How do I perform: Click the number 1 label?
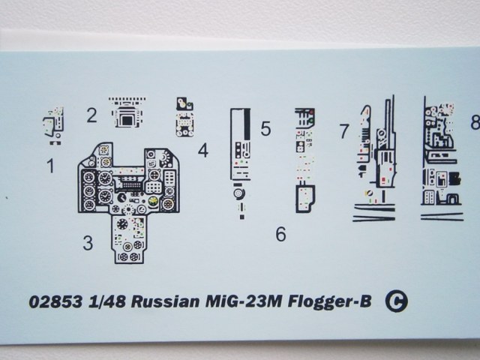coord(50,166)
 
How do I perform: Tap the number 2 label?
coord(91,115)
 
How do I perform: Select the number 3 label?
coord(88,242)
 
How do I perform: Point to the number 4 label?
coord(202,150)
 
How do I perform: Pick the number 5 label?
coord(265,129)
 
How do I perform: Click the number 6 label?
coord(280,235)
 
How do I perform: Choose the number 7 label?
coord(343,131)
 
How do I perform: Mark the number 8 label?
coord(474,121)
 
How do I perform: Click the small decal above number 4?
coord(184,116)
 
